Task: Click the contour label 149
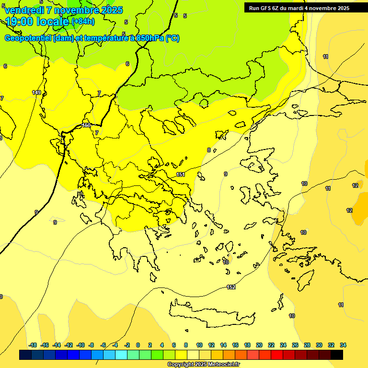(x=36, y=92)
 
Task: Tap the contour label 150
(x=86, y=125)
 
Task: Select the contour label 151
(x=181, y=174)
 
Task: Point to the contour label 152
(x=231, y=287)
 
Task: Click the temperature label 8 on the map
(x=208, y=150)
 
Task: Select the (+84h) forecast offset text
(x=83, y=22)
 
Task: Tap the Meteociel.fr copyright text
(x=203, y=364)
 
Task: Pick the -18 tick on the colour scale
(x=33, y=345)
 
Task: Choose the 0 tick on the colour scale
(x=138, y=345)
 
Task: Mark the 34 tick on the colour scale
(x=343, y=345)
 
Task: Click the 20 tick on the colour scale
(x=259, y=345)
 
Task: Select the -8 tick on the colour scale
(x=91, y=345)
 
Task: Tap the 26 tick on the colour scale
(x=295, y=345)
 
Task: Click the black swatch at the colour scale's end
(x=337, y=355)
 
